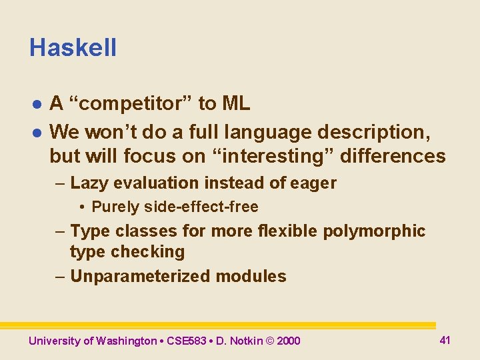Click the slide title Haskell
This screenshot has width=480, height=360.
click(73, 48)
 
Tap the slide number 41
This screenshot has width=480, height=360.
click(445, 340)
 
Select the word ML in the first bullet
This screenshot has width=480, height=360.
click(236, 103)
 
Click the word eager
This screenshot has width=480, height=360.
click(314, 183)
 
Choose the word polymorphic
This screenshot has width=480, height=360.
click(374, 231)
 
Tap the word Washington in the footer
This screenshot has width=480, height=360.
click(127, 341)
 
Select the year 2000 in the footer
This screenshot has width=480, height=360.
click(288, 341)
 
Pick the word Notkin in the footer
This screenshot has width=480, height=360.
click(245, 341)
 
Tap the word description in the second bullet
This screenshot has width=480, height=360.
click(375, 132)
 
